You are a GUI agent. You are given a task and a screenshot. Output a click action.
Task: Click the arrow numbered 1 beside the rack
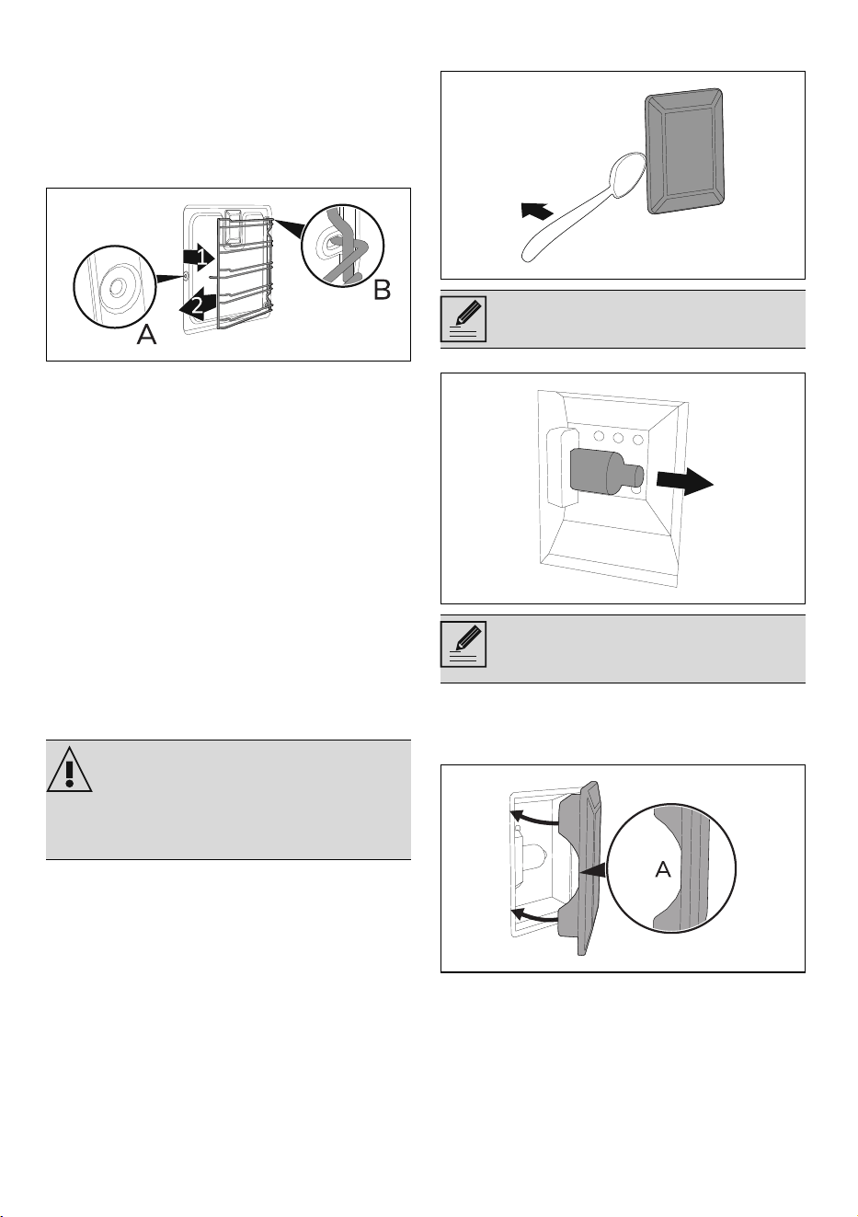[x=200, y=256]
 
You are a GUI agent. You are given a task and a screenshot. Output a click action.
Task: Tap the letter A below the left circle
[x=146, y=335]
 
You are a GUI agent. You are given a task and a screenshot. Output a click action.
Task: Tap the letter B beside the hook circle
[x=382, y=290]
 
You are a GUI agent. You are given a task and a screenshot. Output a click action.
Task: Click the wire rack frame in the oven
[x=245, y=272]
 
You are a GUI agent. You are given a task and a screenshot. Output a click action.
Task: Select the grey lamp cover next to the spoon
[x=684, y=151]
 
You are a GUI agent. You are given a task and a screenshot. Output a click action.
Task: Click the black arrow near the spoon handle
[x=536, y=210]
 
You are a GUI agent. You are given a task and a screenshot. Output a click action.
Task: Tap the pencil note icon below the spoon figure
[x=463, y=319]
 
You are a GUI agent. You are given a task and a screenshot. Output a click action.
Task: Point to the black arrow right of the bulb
[x=685, y=482]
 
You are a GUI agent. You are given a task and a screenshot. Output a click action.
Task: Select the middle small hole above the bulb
[x=618, y=437]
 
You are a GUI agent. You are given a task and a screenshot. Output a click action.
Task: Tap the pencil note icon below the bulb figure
[x=463, y=644]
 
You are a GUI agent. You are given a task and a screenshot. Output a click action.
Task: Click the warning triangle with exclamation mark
[x=69, y=769]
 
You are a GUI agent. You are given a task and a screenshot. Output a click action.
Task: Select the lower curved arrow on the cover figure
[x=535, y=913]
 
